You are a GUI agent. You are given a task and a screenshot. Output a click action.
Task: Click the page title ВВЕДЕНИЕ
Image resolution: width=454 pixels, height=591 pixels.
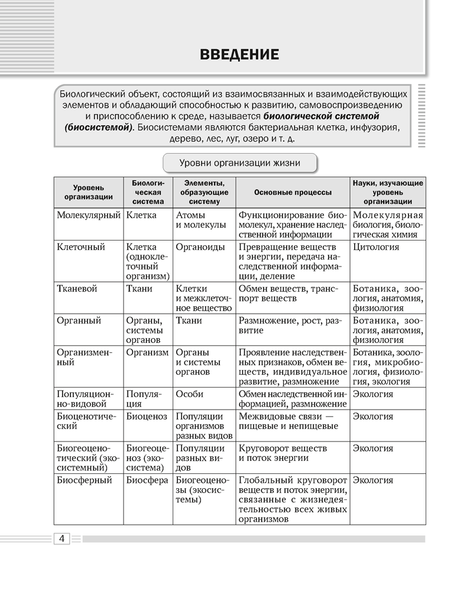click(x=239, y=56)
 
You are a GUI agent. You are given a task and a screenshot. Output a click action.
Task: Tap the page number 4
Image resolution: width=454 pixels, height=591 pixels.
click(x=62, y=538)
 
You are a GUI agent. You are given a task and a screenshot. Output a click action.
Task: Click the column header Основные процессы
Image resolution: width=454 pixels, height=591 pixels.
click(x=293, y=192)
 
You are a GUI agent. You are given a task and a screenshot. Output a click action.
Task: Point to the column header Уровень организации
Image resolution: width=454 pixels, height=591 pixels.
click(x=89, y=192)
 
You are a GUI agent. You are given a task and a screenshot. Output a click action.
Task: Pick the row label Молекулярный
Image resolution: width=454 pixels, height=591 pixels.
click(x=89, y=215)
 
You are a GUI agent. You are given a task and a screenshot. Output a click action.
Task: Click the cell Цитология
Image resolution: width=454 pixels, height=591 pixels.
click(x=376, y=247)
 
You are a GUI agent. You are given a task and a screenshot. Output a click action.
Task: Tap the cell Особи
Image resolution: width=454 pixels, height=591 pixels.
click(x=190, y=394)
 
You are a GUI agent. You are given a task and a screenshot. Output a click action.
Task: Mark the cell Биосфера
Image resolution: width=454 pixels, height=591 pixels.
click(x=147, y=480)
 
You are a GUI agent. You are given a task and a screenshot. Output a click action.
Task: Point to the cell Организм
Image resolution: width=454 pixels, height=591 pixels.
click(x=147, y=352)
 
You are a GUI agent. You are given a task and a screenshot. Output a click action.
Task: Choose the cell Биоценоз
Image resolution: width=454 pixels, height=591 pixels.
click(x=147, y=416)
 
